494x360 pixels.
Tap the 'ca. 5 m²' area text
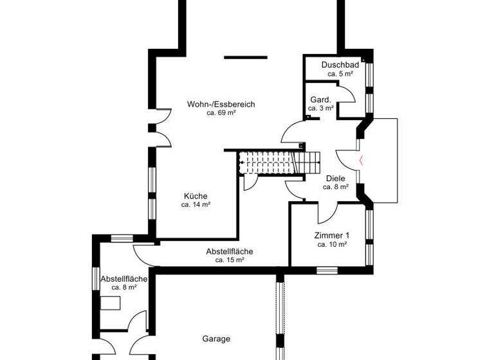340,74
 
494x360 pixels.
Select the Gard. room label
320,100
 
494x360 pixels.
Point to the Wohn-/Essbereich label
221,104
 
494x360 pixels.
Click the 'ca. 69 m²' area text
221,113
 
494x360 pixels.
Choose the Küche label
196,196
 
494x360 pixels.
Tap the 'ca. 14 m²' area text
196,205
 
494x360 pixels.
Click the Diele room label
336,178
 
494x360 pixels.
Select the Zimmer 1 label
332,235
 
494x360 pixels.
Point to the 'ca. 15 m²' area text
230,260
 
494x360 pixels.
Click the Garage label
216,339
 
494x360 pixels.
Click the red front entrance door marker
361,160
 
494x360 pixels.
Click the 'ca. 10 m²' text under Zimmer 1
332,244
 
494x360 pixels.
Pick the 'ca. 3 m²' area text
320,109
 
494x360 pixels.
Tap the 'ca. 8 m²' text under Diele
336,187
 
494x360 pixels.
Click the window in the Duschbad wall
369,77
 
